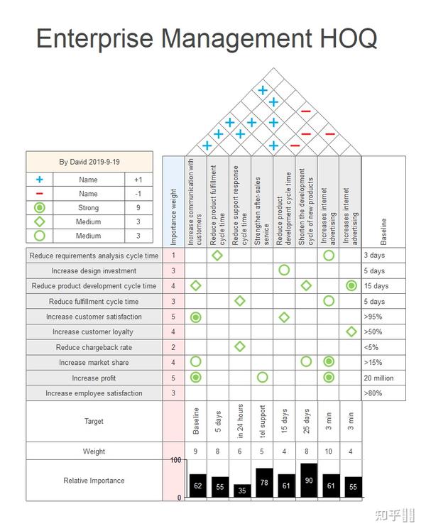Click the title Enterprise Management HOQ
coord(207,38)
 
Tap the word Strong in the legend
coord(89,208)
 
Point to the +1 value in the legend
coord(138,180)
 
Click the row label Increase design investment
coord(94,270)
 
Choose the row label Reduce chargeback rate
coord(94,347)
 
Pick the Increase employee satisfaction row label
coord(94,393)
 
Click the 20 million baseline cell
coord(383,378)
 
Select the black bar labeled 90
coord(308,481)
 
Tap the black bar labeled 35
coord(241,490)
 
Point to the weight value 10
coord(328,451)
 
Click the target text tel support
coord(262,421)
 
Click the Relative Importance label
coord(94,481)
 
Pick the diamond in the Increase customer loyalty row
coord(351,332)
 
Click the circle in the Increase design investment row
coord(284,270)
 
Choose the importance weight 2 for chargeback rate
coord(174,347)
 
